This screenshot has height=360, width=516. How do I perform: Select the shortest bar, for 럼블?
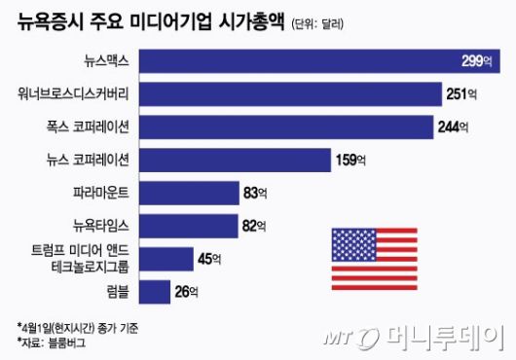click(156, 291)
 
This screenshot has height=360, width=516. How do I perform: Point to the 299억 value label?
click(478, 62)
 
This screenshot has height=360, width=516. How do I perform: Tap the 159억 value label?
click(350, 161)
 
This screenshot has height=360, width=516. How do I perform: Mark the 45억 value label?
click(210, 259)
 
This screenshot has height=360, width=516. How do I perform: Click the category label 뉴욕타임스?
click(101, 226)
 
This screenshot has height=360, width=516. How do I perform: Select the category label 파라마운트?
click(101, 193)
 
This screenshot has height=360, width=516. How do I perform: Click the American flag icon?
click(371, 250)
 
